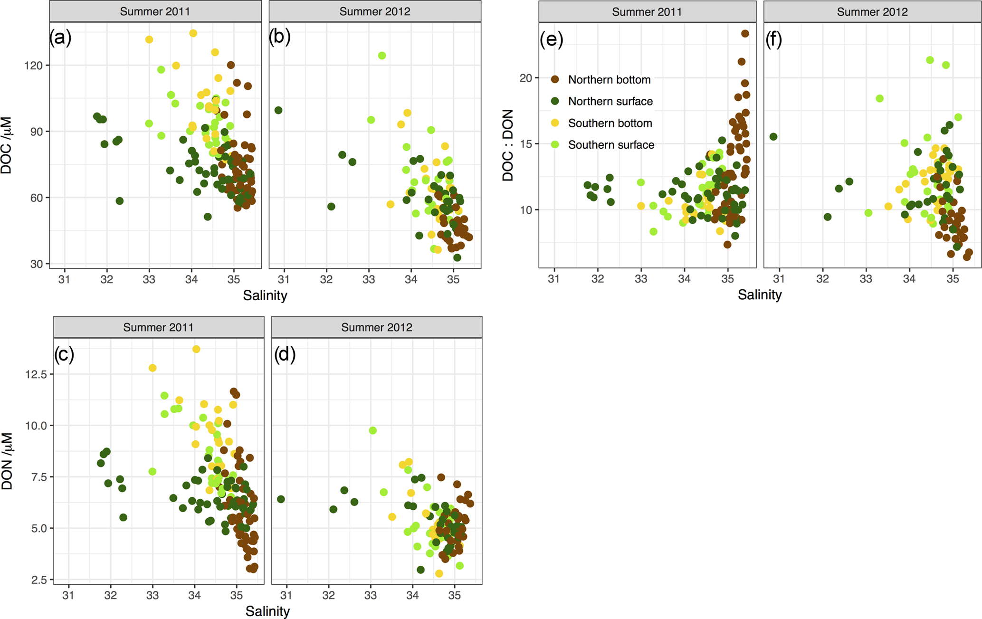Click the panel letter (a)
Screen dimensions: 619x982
(60, 38)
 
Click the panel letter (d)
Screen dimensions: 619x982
(285, 354)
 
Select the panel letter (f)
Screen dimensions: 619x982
(774, 40)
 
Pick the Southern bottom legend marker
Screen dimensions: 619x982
(555, 123)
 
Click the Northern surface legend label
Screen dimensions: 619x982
(610, 101)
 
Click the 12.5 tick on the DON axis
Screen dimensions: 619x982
(36, 374)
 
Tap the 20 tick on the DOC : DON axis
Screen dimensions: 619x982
(525, 78)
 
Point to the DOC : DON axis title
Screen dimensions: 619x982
(508, 145)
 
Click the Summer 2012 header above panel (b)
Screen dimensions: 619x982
(374, 11)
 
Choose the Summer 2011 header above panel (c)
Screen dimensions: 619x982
(158, 327)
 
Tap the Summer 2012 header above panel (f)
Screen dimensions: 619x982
(872, 12)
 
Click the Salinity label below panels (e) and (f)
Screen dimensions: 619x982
(759, 295)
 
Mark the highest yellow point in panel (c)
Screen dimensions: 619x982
(196, 349)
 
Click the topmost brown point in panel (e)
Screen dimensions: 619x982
(745, 34)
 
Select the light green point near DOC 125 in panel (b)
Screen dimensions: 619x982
(382, 56)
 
